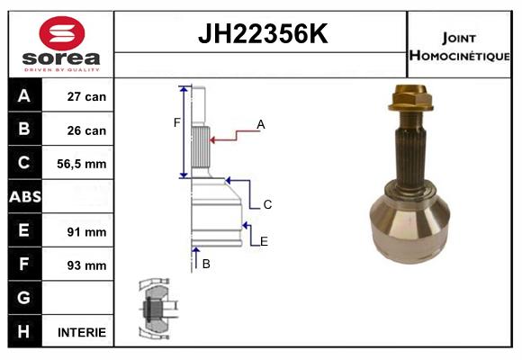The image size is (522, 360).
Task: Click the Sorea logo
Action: [x=61, y=44]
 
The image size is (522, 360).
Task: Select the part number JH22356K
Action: [x=261, y=35]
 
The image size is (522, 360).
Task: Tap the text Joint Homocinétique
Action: [x=461, y=45]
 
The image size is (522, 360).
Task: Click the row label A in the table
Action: [x=24, y=96]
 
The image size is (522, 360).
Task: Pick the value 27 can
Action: [x=87, y=96]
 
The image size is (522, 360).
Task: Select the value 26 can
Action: [x=87, y=130]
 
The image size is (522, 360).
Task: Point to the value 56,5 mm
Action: [x=83, y=164]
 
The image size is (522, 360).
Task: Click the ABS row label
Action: [x=24, y=197]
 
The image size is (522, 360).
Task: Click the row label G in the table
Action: [x=24, y=298]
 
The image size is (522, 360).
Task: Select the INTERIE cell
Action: [x=82, y=332]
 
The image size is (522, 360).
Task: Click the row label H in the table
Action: [x=24, y=331]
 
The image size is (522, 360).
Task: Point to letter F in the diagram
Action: [x=177, y=122]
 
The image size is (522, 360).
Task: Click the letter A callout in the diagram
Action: [x=261, y=124]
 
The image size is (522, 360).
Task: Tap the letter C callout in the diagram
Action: [x=267, y=205]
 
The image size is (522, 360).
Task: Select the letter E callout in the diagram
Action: [x=264, y=240]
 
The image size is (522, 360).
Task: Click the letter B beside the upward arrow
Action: [x=206, y=264]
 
